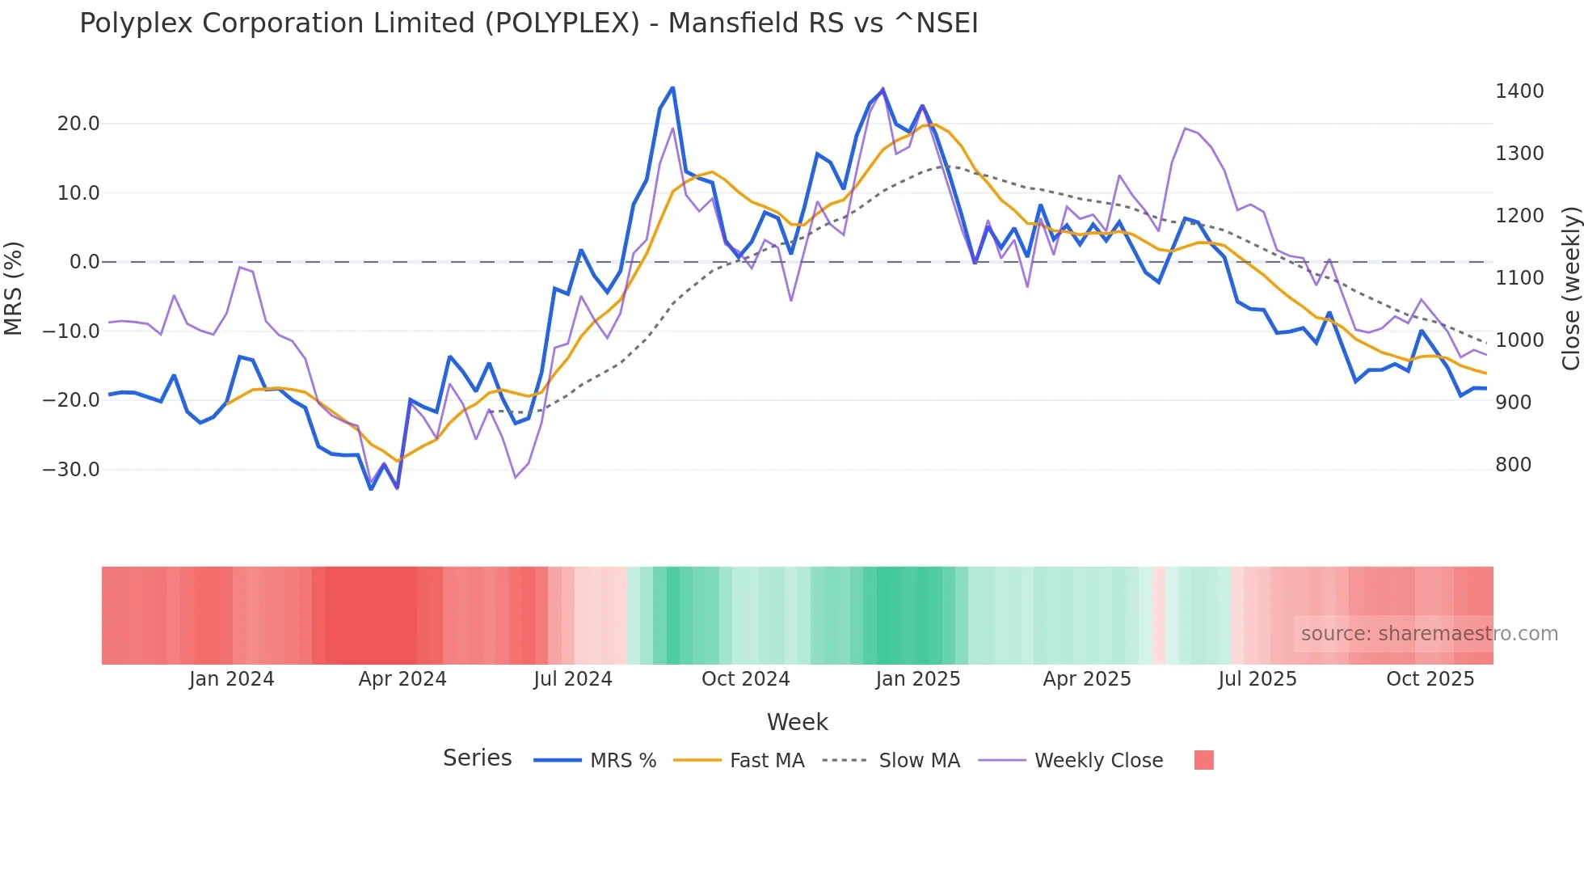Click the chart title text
[x=529, y=23]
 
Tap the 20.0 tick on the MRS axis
[x=78, y=124]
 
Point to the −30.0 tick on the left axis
[x=71, y=470]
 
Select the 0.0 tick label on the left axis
[x=84, y=262]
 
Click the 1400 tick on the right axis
[x=1519, y=91]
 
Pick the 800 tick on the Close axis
[x=1513, y=465]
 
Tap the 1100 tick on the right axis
[x=1519, y=278]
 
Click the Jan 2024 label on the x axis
[x=231, y=679]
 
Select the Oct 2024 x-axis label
[x=745, y=679]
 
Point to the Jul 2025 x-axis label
[x=1257, y=679]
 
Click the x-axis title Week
[x=797, y=722]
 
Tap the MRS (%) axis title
[x=14, y=288]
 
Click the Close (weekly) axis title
[x=1570, y=289]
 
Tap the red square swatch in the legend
[x=1203, y=760]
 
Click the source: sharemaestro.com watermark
[x=1429, y=634]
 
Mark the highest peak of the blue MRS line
[x=672, y=88]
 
